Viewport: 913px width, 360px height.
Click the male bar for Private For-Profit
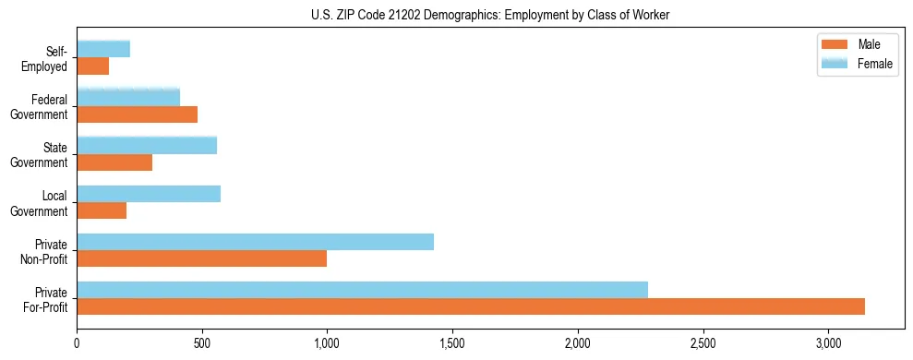[x=471, y=306]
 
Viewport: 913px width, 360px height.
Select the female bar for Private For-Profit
[x=362, y=290]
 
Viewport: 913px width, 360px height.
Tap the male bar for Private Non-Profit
[x=201, y=258]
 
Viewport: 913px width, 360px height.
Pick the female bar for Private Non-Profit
[x=255, y=242]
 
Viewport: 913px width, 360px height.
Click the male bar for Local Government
[x=102, y=210]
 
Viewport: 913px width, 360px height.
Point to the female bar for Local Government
[x=149, y=194]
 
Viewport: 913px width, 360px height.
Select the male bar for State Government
[x=114, y=162]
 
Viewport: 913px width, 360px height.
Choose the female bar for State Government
[x=147, y=146]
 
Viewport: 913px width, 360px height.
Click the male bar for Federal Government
[x=137, y=114]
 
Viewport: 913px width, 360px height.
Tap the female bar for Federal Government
[x=128, y=97]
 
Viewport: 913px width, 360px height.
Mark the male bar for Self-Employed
[x=92, y=66]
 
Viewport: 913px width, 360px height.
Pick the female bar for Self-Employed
[x=103, y=49]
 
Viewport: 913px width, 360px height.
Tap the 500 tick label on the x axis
[x=202, y=343]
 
